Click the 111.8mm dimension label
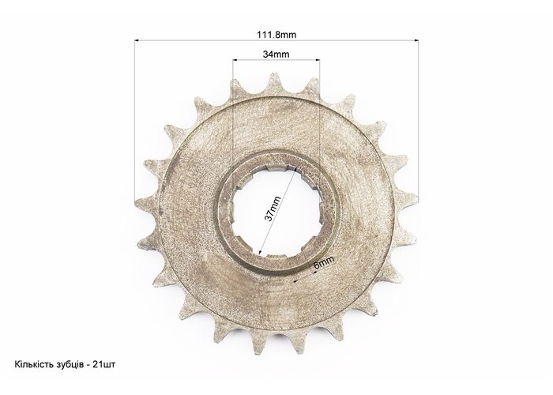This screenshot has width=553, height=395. click(276, 35)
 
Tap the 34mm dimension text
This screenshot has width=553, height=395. click(276, 55)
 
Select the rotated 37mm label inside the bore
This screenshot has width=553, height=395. click(273, 209)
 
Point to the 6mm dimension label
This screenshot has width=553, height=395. click(323, 262)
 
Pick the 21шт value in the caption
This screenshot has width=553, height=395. click(103, 364)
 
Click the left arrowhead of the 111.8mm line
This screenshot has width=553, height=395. click(137, 40)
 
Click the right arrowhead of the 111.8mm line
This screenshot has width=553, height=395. click(416, 40)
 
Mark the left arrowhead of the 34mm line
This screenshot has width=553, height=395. click(235, 60)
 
